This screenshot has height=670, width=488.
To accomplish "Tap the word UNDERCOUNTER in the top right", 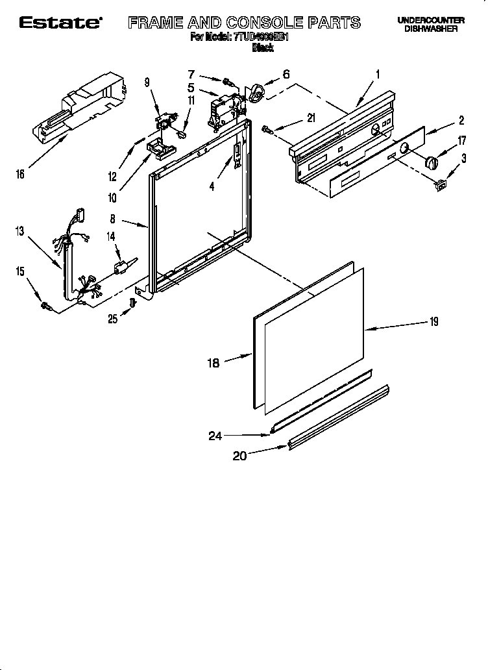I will pyautogui.click(x=430, y=21).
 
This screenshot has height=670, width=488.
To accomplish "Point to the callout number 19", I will pyautogui.click(x=433, y=321).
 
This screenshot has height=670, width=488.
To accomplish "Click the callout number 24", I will pyautogui.click(x=216, y=436).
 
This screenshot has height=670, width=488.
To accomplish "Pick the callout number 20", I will pyautogui.click(x=240, y=456).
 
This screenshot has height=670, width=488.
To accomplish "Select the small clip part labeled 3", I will pyautogui.click(x=441, y=185).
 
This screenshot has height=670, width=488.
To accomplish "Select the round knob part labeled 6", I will pyautogui.click(x=258, y=95).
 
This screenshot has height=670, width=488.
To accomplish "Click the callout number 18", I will pyautogui.click(x=213, y=364).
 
